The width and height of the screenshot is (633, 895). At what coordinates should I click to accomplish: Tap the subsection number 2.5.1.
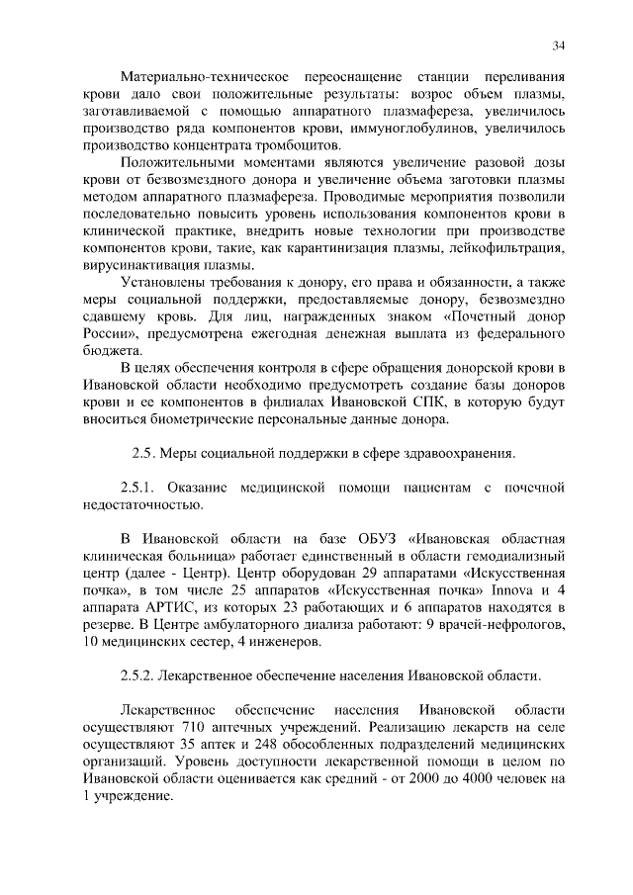(x=137, y=489)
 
